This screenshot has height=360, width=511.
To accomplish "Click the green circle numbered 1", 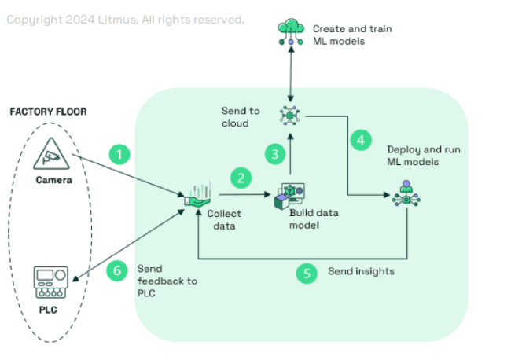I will coord(119,153).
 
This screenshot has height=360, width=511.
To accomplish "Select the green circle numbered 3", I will coord(274,154).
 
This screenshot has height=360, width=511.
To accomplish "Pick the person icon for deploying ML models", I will coord(406,193).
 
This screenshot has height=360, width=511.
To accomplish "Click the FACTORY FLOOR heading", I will coord(48,112).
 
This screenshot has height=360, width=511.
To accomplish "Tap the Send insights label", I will coord(362,272).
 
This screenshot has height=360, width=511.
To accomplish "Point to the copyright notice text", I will coord(125,19).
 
